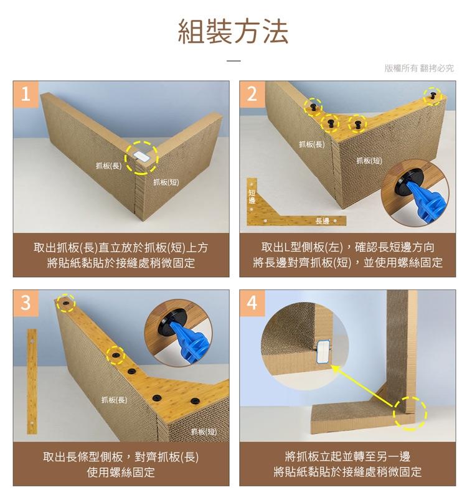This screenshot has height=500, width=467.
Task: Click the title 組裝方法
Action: [233, 31]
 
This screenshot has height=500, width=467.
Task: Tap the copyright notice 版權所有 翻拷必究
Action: [419, 68]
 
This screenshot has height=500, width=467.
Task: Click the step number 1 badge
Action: [26, 94]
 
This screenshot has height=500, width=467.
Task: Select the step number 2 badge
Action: [252, 94]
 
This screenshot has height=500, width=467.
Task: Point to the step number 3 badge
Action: [26, 303]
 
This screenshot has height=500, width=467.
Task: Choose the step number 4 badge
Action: [252, 303]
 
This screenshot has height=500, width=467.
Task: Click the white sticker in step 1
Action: [141, 156]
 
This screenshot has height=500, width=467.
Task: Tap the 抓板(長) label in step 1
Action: [109, 166]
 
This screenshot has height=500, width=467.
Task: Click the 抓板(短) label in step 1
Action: [166, 182]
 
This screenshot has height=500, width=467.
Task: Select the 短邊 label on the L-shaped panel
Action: [252, 196]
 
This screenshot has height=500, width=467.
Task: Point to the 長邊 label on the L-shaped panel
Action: [323, 221]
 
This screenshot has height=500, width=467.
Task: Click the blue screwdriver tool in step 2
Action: [425, 199]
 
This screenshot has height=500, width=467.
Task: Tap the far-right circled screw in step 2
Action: [433, 96]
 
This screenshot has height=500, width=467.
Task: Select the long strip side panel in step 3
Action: [32, 381]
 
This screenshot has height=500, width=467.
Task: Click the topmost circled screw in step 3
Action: [65, 303]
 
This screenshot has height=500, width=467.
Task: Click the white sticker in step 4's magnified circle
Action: [324, 352]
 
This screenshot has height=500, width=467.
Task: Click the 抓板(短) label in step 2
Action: [369, 161]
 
